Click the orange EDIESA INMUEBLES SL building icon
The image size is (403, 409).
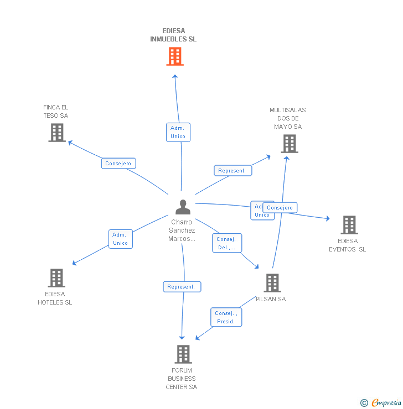point(175,56)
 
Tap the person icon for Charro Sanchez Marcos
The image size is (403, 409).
point(183,207)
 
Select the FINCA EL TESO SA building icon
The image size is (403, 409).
point(57,133)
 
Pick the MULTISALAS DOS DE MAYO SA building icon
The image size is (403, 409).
point(289,144)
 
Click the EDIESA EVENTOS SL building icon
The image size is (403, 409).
point(349,225)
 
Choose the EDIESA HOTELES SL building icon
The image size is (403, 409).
point(56,278)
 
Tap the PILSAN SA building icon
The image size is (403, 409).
point(272,283)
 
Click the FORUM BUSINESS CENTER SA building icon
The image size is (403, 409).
point(183,354)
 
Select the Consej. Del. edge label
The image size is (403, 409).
point(226,243)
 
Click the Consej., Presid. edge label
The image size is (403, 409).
point(226,317)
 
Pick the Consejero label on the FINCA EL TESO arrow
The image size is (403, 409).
point(118,164)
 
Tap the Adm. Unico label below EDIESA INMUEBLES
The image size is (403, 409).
point(178,132)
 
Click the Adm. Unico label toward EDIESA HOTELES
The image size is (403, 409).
point(120,239)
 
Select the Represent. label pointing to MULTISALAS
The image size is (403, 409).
point(232,171)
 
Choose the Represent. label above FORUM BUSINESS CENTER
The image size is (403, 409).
point(182,287)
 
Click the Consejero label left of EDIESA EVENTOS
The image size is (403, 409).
point(280,208)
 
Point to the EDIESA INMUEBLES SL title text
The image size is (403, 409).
point(173,35)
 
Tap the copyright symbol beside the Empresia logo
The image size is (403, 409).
point(364,403)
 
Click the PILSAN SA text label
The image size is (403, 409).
point(271,299)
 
